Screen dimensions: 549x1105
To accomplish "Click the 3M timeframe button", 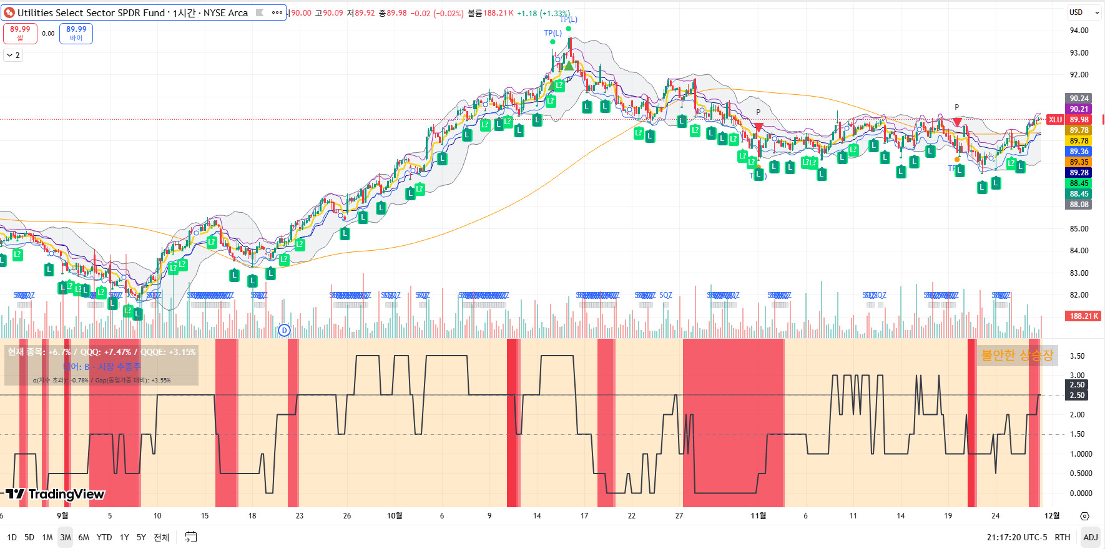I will (x=65, y=537).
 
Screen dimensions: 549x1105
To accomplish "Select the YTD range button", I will (x=104, y=537).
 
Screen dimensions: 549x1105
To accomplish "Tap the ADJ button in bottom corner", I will (x=1090, y=537).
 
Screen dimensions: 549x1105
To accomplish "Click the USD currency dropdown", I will (x=1083, y=12).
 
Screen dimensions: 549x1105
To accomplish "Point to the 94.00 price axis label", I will (x=1079, y=31).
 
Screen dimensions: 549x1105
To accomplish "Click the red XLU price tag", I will (x=1055, y=120).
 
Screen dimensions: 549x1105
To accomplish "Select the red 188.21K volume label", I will (x=1083, y=316).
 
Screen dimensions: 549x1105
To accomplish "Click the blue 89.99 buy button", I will (x=76, y=33).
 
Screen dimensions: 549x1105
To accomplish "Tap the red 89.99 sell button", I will (x=20, y=33).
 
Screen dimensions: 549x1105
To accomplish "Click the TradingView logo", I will (x=55, y=494).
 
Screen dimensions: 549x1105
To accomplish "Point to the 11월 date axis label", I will (x=758, y=516).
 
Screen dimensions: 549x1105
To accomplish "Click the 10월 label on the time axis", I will (x=395, y=516).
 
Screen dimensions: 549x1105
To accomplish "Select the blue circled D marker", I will (x=284, y=331).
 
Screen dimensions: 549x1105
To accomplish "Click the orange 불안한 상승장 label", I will (x=1017, y=355).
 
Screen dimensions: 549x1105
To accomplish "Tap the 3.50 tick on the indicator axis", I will (x=1077, y=356).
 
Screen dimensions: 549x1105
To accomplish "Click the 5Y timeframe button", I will (x=141, y=537).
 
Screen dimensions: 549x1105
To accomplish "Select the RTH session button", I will (x=1062, y=537).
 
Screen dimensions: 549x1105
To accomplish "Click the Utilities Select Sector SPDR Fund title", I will (x=132, y=12).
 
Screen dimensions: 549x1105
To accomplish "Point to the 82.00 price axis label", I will (x=1079, y=295).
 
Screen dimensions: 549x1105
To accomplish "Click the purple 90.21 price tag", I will (x=1079, y=109).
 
